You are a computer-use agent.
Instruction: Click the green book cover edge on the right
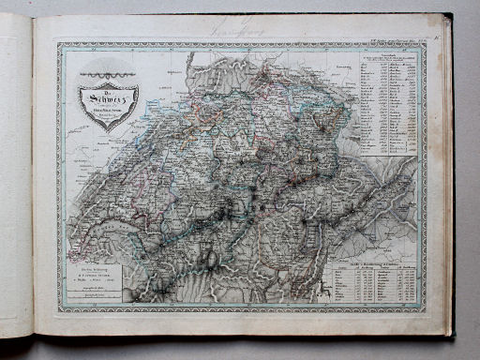pyautogui.click(x=449, y=178)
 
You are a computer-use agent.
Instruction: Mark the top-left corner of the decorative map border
pyautogui.click(x=57, y=43)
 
